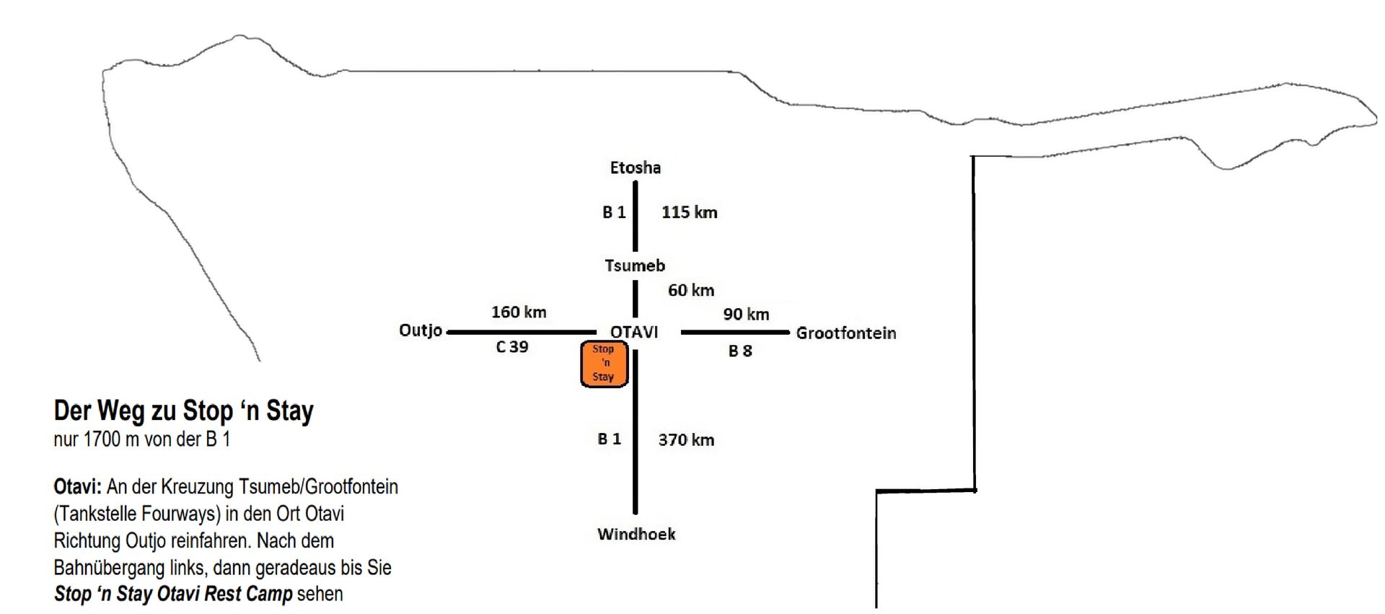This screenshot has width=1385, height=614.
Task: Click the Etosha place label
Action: click(x=635, y=167)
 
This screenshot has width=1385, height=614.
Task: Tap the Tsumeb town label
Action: click(x=635, y=266)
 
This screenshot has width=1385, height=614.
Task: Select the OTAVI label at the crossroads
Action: click(x=634, y=332)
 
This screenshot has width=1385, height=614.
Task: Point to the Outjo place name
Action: click(x=421, y=330)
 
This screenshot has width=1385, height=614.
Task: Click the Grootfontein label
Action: click(x=846, y=333)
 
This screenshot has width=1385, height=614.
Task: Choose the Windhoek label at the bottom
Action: click(x=636, y=534)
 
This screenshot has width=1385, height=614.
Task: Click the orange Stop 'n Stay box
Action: click(x=604, y=364)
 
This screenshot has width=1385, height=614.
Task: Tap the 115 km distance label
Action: click(x=690, y=212)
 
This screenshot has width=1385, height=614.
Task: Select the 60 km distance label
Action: click(x=691, y=290)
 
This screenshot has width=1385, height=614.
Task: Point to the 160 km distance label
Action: click(x=519, y=312)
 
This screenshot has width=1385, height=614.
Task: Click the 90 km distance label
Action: click(x=746, y=315)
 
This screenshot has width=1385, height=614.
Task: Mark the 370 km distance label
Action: click(x=686, y=440)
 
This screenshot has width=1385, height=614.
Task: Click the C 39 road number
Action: click(x=512, y=347)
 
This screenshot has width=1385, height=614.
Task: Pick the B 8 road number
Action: click(x=740, y=351)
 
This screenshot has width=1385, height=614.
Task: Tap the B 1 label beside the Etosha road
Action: click(x=614, y=212)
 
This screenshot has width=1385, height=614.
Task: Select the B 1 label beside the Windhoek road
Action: click(x=609, y=439)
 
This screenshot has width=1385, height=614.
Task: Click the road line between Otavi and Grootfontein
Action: click(x=735, y=333)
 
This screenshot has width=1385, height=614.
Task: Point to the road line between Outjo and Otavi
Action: click(x=522, y=333)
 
